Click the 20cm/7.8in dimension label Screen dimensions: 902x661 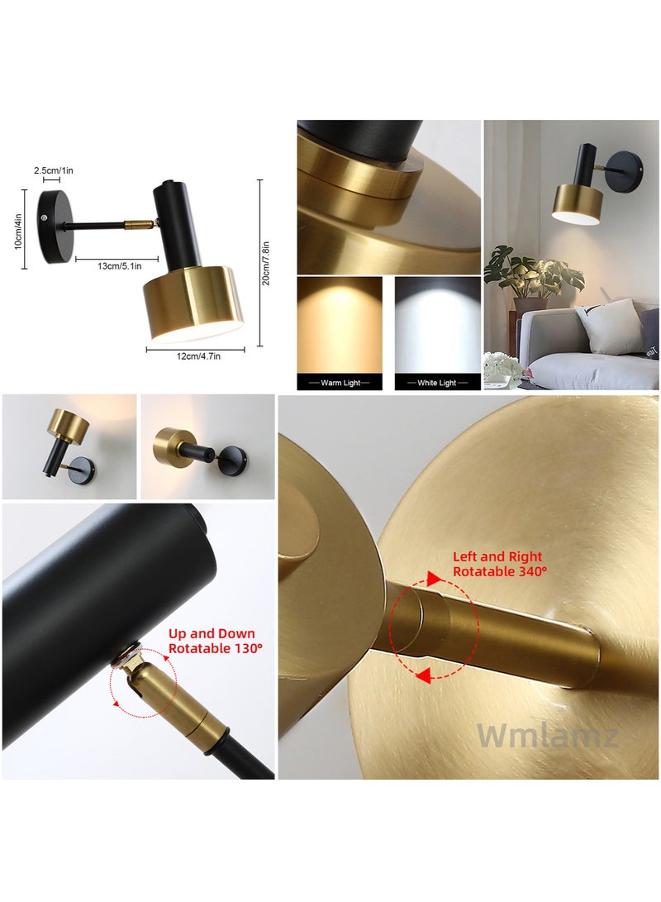point(267,260)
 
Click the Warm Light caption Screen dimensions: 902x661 point(340,383)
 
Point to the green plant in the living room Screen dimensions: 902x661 point(529,273)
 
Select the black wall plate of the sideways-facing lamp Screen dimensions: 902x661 point(232,456)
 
